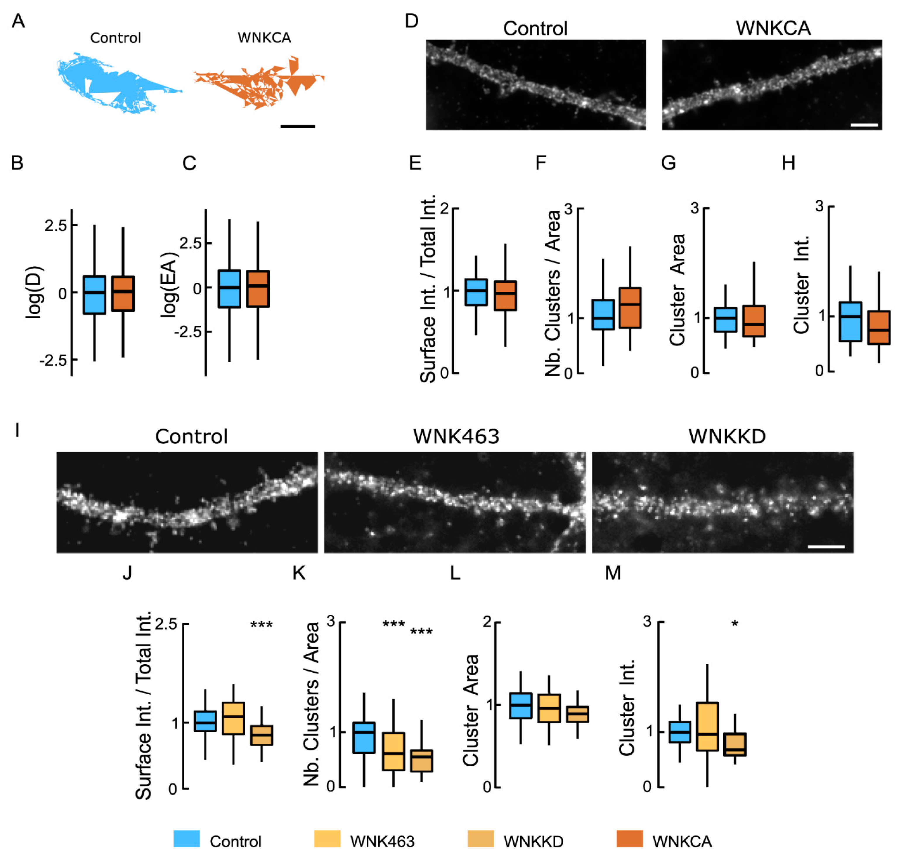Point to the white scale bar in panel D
864,125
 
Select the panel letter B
17,163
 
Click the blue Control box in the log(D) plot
94,295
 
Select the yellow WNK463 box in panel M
707,726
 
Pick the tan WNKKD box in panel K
421,761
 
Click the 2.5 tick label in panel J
166,624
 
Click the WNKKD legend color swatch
480,839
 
